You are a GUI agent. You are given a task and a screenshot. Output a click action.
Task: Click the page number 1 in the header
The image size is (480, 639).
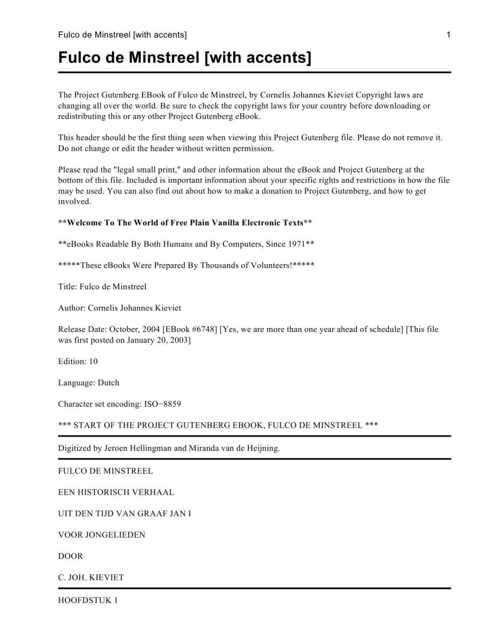449,35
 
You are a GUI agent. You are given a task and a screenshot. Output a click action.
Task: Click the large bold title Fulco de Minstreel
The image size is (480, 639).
184,57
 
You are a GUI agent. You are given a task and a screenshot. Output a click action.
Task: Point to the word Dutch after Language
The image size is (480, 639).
108,383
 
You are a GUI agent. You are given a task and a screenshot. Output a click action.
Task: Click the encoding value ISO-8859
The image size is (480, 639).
162,404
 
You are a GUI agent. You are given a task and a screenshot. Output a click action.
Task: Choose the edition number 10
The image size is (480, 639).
93,362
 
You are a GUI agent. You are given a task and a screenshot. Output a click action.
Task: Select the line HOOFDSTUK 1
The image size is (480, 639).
88,601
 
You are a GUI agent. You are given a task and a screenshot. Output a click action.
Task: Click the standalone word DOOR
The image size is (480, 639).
70,556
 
